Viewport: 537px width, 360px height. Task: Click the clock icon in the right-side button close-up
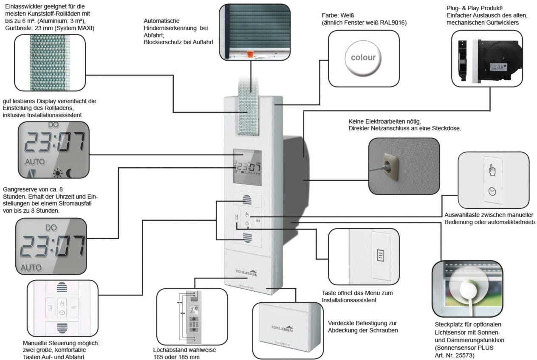[492, 192]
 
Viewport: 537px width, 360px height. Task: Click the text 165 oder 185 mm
[176, 357]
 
